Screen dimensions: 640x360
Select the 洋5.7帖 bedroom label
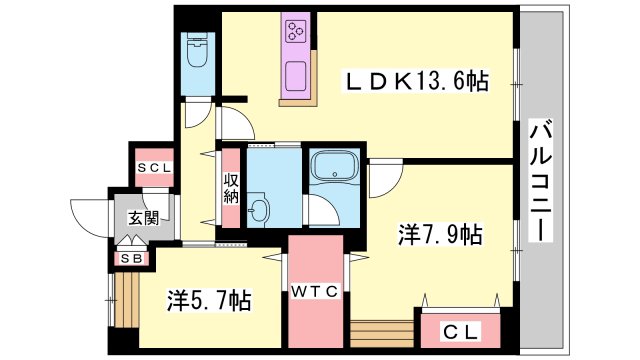pos(208,298)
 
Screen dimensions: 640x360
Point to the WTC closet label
pos(317,291)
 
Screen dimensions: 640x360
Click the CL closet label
pos(458,331)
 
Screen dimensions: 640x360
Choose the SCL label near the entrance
pos(154,168)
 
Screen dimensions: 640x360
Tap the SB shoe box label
pos(131,258)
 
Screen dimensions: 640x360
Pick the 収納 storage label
pos(231,188)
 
